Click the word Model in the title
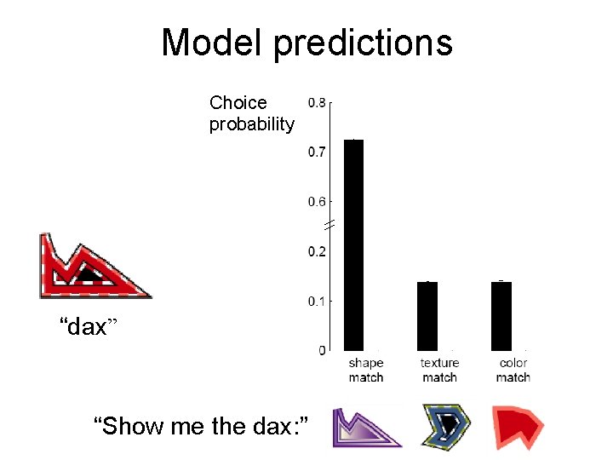[x=212, y=43]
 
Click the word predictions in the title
[x=363, y=43]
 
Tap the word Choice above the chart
[x=238, y=103]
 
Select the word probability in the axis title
[x=252, y=124]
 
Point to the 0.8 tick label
[x=316, y=102]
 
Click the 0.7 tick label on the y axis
[x=316, y=152]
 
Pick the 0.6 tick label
[x=316, y=202]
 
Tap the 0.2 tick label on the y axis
[x=316, y=251]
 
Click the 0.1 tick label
[x=316, y=301]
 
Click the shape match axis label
[x=366, y=370]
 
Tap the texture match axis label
[x=439, y=370]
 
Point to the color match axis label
[x=513, y=370]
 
